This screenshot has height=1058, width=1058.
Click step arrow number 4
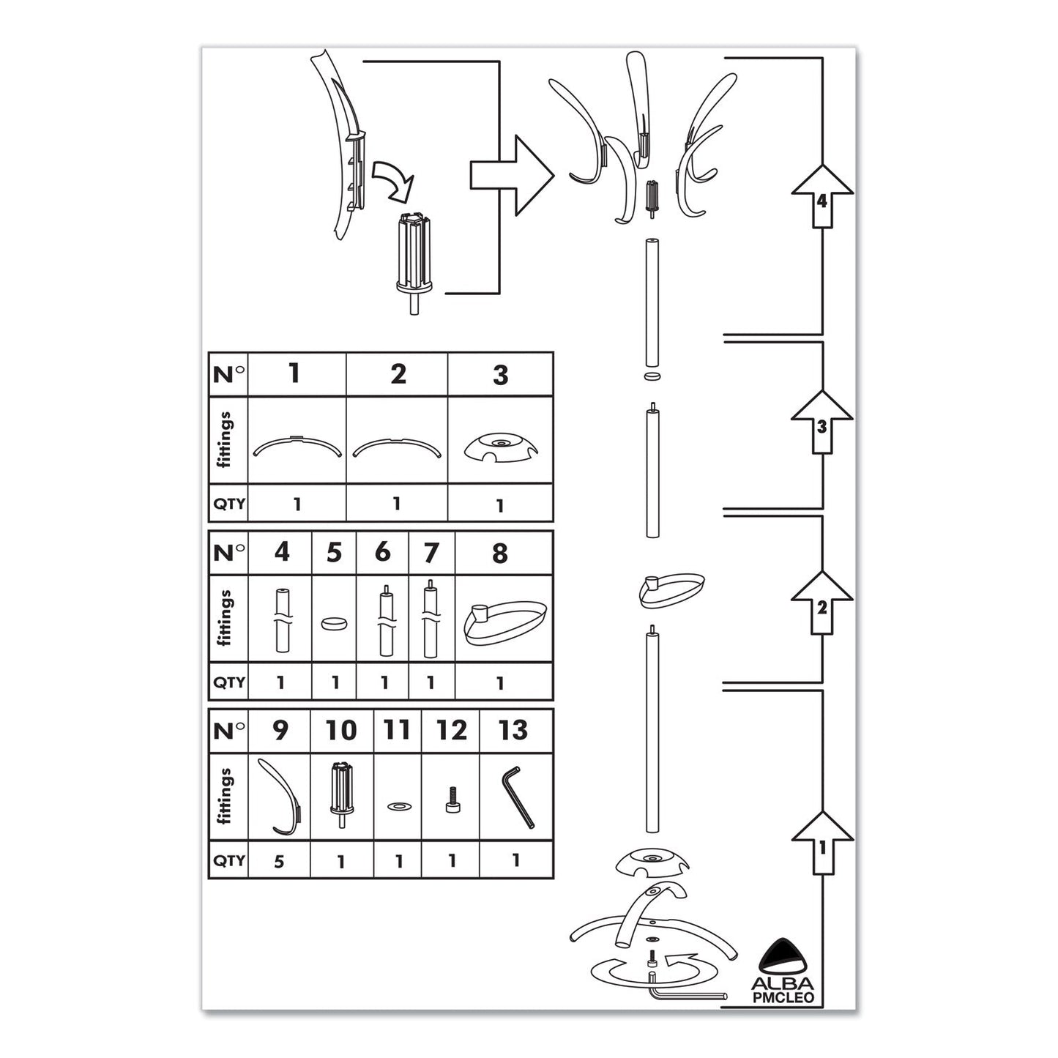click(x=822, y=196)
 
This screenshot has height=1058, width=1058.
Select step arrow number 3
click(x=822, y=422)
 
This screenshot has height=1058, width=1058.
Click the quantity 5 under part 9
click(x=279, y=860)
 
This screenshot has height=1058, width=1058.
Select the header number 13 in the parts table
click(x=513, y=730)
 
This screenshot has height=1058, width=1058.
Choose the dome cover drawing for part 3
click(x=500, y=448)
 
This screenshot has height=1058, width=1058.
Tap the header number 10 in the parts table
click(x=341, y=730)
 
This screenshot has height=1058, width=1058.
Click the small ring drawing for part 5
click(x=334, y=624)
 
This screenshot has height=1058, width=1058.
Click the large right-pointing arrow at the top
click(x=510, y=175)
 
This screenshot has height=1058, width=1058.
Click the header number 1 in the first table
click(x=294, y=373)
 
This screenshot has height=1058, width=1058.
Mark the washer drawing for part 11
click(x=398, y=806)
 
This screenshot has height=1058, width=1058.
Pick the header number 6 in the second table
click(x=382, y=552)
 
